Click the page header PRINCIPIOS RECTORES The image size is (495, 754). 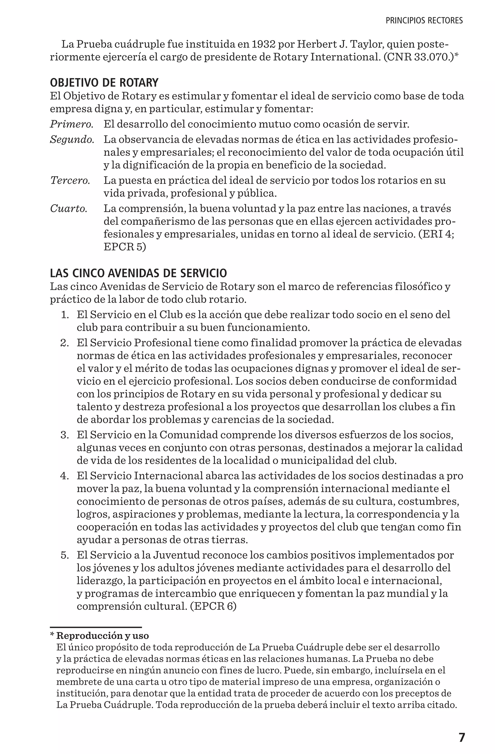(x=424, y=21)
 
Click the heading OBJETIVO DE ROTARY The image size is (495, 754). (x=104, y=83)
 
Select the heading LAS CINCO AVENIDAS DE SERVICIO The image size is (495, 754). (x=138, y=273)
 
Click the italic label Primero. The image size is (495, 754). (x=72, y=124)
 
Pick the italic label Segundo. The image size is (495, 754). (x=72, y=139)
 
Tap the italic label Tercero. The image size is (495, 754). (x=70, y=181)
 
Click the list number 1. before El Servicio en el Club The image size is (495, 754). (x=65, y=315)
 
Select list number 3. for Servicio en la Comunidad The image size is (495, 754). (x=65, y=435)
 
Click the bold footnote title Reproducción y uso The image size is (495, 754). (x=102, y=636)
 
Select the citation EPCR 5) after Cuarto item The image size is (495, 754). (x=125, y=247)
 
